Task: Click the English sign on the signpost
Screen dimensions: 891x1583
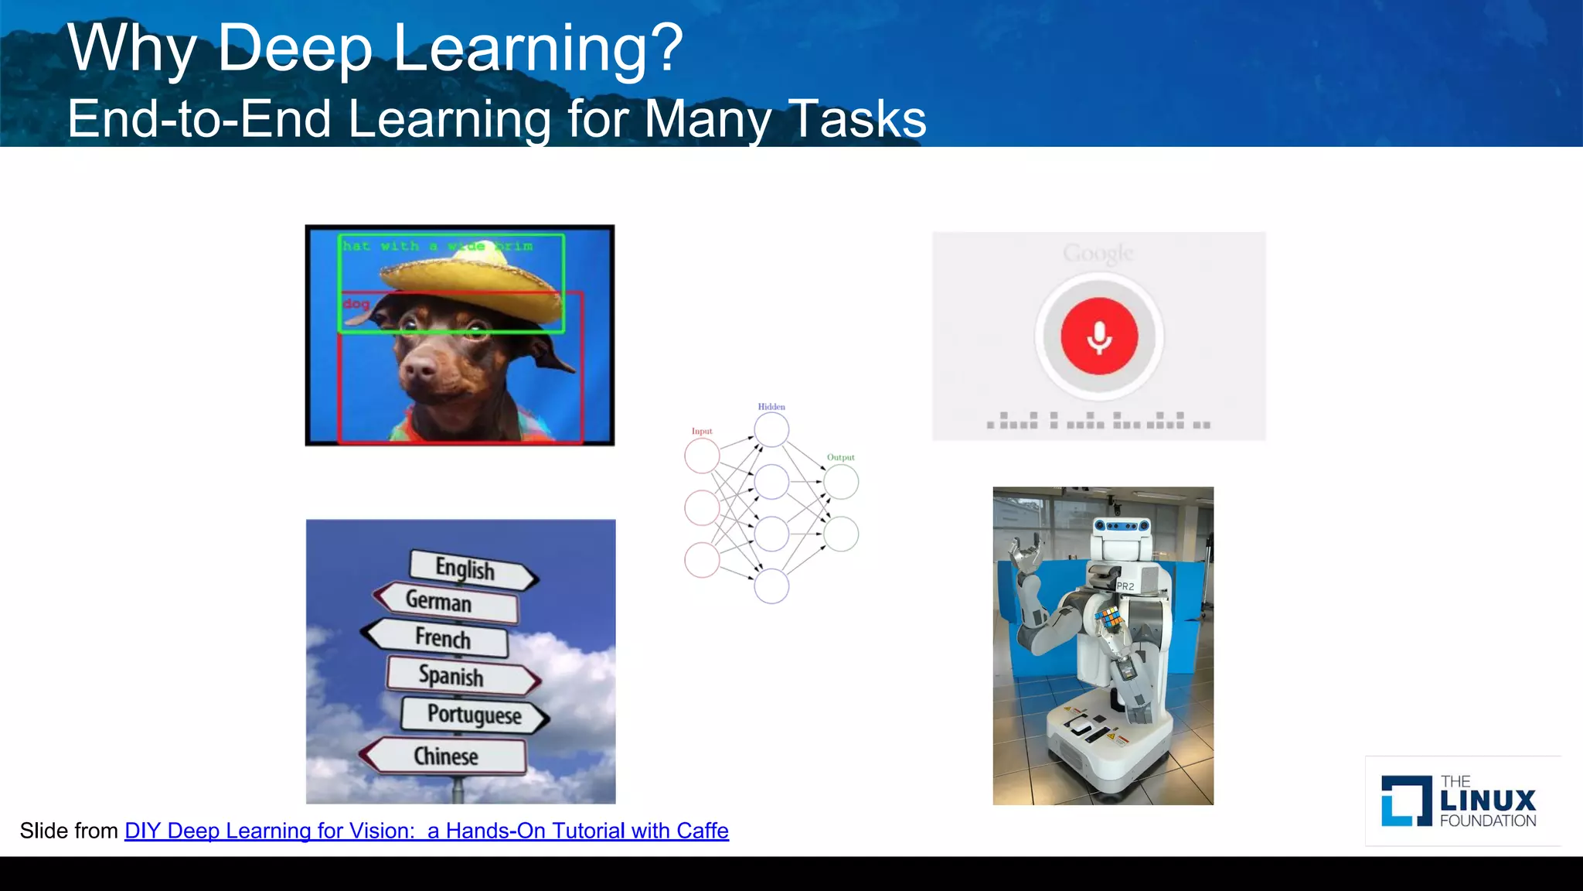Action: [x=466, y=569]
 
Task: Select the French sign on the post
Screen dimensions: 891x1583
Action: [x=443, y=638]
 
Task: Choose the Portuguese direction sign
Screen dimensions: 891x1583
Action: [x=475, y=714]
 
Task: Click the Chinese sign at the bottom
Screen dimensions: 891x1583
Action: [x=446, y=756]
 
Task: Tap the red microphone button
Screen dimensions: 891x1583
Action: [x=1099, y=336]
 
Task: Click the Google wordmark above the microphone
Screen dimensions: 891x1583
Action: [x=1098, y=253]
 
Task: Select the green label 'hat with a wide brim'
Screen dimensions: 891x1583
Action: [x=437, y=246]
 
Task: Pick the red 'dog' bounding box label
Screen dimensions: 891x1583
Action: [x=356, y=304]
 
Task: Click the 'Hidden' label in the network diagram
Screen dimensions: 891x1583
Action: [x=771, y=407]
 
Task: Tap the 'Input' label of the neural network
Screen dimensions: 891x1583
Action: [x=702, y=432]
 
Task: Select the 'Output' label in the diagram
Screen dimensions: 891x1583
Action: [x=841, y=458]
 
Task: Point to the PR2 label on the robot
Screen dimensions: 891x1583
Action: [x=1125, y=586]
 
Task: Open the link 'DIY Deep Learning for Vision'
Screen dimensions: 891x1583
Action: [x=427, y=831]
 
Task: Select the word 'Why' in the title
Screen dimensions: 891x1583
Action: [x=132, y=48]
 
